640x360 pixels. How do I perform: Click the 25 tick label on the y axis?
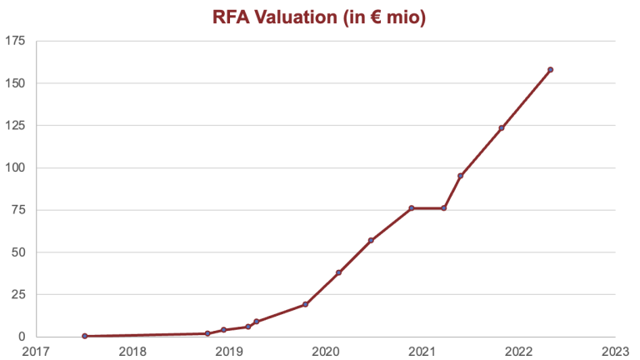(x=17, y=294)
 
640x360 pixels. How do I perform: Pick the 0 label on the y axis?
(x=21, y=337)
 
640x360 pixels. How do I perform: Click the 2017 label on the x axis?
(x=36, y=350)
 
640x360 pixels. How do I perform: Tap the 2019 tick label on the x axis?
(x=229, y=350)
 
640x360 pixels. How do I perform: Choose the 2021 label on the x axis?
(x=422, y=350)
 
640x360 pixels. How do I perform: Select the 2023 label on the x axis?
(x=615, y=350)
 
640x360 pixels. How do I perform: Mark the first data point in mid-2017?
(x=85, y=336)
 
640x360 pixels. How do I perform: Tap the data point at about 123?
(x=502, y=128)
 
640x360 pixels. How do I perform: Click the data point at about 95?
(x=460, y=176)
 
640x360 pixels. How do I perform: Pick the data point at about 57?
(x=371, y=241)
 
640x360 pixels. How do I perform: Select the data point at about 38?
(x=338, y=272)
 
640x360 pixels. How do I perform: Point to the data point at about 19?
(x=305, y=304)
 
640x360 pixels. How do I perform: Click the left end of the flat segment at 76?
(x=412, y=208)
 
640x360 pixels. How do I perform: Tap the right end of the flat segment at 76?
(x=443, y=208)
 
